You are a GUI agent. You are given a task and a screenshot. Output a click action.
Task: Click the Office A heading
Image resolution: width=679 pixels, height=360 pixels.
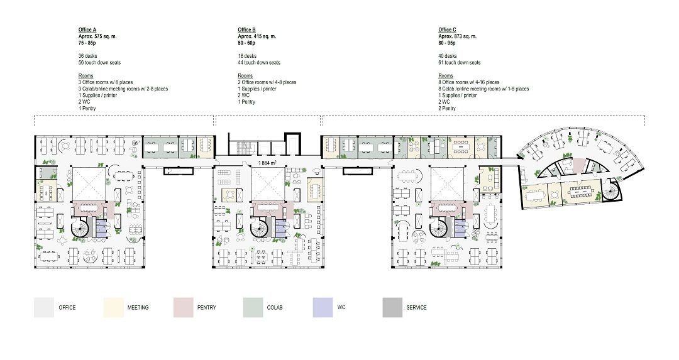coord(87,30)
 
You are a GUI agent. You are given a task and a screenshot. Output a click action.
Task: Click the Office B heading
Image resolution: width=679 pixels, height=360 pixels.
coord(246,30)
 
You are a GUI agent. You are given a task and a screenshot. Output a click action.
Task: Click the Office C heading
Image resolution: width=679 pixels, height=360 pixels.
coord(447,30)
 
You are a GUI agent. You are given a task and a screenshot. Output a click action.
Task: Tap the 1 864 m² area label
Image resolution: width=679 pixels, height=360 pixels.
coord(267,163)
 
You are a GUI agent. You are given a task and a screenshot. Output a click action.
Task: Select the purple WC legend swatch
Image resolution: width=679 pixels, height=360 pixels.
coord(323,308)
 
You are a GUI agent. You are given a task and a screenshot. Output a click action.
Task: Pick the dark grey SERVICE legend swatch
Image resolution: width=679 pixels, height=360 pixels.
coord(392,308)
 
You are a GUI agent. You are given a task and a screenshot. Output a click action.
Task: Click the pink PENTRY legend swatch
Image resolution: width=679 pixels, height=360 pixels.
coord(183,308)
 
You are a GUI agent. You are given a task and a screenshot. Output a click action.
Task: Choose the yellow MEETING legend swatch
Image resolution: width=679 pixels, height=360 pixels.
coord(113,308)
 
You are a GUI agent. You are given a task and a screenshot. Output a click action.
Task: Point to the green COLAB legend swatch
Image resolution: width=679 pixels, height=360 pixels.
coord(253,308)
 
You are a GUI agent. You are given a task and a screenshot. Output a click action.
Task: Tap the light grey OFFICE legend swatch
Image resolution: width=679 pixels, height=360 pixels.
coord(44,308)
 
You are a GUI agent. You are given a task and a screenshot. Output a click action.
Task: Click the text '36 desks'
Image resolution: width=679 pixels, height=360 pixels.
coord(87,56)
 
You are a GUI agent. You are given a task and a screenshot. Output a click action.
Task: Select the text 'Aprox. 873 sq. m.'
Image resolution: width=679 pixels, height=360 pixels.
coord(457,36)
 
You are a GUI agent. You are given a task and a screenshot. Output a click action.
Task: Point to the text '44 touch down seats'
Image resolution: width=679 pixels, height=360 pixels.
coord(259,62)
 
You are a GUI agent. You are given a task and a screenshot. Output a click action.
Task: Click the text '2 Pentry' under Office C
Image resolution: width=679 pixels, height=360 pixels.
coord(447,108)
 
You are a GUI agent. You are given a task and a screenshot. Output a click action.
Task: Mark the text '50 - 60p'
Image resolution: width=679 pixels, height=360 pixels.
coord(246,43)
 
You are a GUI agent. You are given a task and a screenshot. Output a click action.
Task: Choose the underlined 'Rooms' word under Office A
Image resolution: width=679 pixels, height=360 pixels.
coord(86,76)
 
